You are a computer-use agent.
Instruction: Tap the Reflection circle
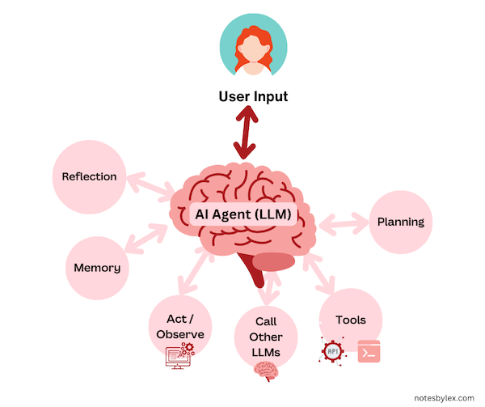pyautogui.click(x=89, y=176)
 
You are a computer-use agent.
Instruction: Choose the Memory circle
pyautogui.click(x=97, y=268)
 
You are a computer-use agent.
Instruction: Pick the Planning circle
pyautogui.click(x=401, y=222)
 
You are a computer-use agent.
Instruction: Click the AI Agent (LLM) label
pyautogui.click(x=242, y=215)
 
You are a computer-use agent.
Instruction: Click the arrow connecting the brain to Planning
pyautogui.click(x=344, y=221)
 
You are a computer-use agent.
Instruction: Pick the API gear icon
pyautogui.click(x=332, y=350)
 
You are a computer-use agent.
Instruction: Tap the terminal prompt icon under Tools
pyautogui.click(x=369, y=351)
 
